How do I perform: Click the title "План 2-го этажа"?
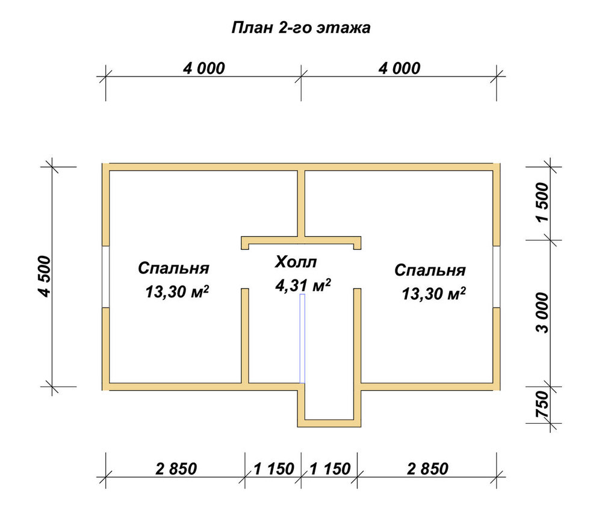[x=301, y=28]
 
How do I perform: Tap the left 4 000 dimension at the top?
[x=203, y=69]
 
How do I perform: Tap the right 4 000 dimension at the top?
[x=399, y=69]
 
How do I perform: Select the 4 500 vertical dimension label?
[x=44, y=276]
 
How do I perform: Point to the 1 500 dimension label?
[x=542, y=202]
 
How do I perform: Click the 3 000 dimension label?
[x=542, y=312]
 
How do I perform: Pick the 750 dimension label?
[x=542, y=405]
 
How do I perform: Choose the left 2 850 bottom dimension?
[x=176, y=469]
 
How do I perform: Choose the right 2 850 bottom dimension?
[x=427, y=469]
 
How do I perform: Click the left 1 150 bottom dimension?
[x=274, y=469]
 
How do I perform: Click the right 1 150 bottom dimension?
[x=330, y=469]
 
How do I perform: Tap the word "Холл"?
[x=296, y=262]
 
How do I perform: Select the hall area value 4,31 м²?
[x=303, y=285]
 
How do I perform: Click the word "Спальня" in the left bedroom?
[x=173, y=269]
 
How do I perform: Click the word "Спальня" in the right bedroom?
[x=430, y=270]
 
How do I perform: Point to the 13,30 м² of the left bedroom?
[x=177, y=292]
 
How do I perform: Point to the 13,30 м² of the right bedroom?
[x=434, y=294]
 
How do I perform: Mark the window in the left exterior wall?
[x=106, y=276]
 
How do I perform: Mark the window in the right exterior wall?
[x=497, y=276]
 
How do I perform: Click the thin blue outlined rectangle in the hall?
[x=302, y=338]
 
